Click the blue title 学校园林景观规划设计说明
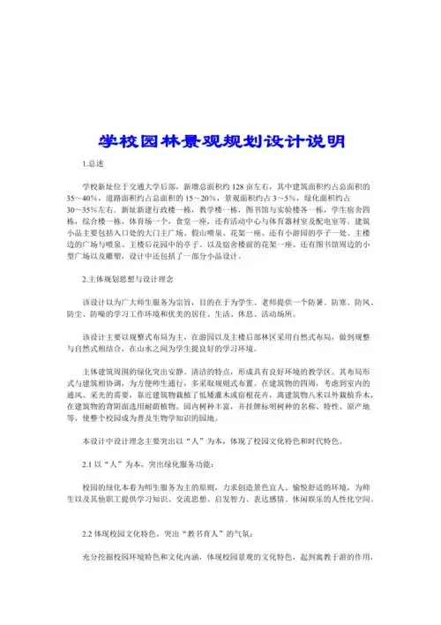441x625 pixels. click(x=220, y=141)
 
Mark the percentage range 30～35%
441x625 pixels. click(x=79, y=211)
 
